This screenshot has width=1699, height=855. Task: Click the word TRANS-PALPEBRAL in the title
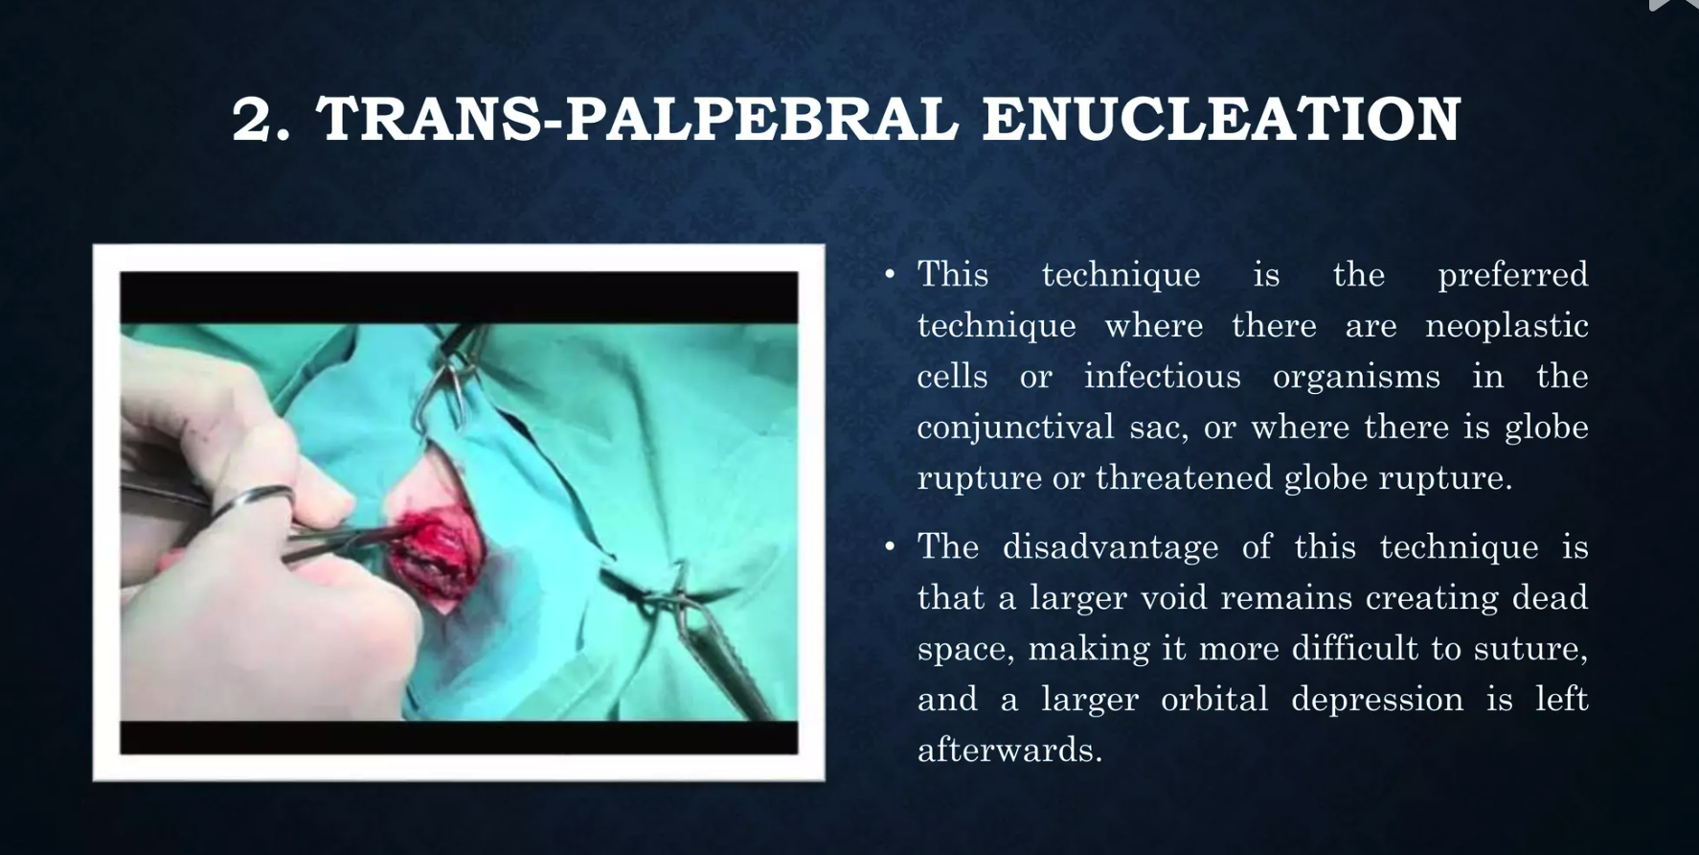637,119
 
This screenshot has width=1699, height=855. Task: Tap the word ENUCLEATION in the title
1222,119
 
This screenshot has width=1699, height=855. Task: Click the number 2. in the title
261,120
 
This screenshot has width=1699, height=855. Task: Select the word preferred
1513,275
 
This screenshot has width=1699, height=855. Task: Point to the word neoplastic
1507,326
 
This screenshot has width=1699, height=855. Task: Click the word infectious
1163,376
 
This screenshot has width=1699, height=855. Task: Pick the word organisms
1356,378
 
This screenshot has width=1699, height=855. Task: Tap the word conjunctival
1015,427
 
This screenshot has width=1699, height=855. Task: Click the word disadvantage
1110,547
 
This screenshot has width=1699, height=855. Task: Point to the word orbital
1214,699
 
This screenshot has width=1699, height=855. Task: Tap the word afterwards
1009,750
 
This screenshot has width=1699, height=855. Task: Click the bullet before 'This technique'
890,275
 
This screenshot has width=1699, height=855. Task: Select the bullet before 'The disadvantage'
890,547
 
